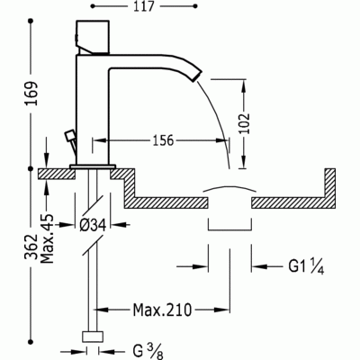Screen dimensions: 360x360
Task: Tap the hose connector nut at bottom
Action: [x=92, y=338]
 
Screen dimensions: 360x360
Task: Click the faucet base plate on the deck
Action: [x=91, y=166]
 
